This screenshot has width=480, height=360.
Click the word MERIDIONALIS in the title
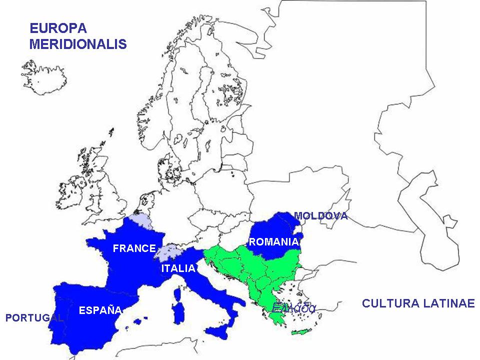tap(78, 44)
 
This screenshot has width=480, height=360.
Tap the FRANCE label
tap(134, 248)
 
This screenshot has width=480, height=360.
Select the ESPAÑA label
tap(100, 310)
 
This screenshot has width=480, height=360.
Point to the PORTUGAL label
tap(34, 318)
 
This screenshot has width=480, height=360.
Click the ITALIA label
tap(178, 268)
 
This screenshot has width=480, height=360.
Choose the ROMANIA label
tap(273, 242)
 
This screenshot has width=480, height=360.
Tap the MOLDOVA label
tap(320, 216)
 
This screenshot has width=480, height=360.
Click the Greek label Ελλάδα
tap(293, 308)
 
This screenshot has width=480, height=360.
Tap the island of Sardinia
tap(177, 310)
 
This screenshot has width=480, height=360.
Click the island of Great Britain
tap(110, 185)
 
